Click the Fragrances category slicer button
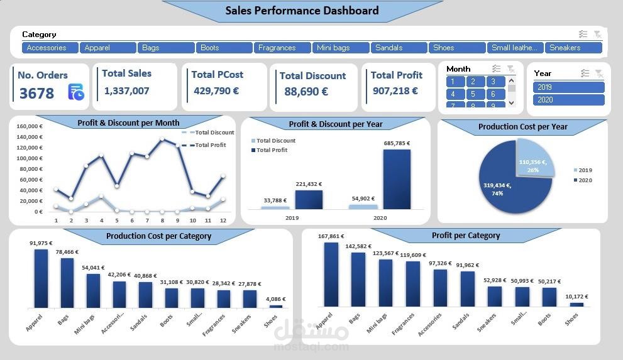point(283,48)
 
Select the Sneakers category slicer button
point(574,48)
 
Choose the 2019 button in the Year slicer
point(568,87)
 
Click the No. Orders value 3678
point(36,94)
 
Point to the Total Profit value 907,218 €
point(395,91)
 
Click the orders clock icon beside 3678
point(76,92)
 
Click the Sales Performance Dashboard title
point(302,11)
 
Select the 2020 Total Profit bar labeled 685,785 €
point(397,179)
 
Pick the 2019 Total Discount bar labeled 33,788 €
point(275,207)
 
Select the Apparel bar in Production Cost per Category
point(41,278)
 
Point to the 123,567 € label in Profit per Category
point(386,253)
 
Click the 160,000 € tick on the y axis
point(30,126)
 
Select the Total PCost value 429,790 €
point(216,91)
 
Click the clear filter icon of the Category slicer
point(597,35)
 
